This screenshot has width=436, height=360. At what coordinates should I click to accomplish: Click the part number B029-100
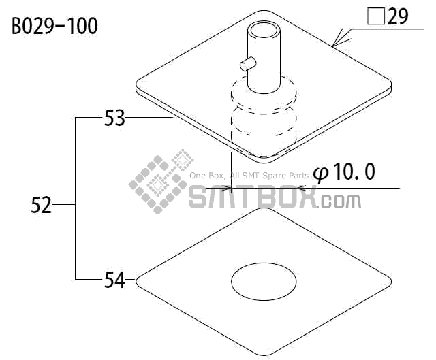(54, 26)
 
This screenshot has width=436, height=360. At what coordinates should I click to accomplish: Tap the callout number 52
(41, 205)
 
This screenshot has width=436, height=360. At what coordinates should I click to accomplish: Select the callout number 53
(114, 118)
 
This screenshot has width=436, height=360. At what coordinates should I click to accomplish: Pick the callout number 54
(114, 280)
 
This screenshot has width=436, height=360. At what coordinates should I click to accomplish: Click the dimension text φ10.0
(344, 172)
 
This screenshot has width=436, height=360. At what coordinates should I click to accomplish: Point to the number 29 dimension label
(398, 16)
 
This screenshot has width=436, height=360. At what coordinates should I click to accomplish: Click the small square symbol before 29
(376, 16)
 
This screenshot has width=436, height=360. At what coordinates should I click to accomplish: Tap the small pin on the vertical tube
(247, 63)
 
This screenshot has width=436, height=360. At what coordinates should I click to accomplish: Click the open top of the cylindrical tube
(264, 30)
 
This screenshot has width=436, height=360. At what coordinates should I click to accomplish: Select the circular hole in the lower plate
(264, 282)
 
